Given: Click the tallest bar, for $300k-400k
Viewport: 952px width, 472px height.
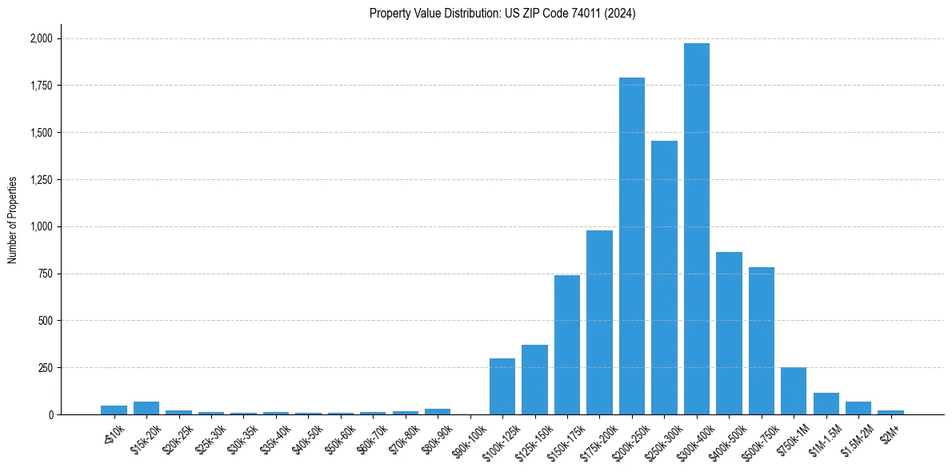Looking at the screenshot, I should pyautogui.click(x=696, y=229).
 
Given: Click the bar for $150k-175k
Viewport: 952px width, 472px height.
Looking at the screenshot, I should pyautogui.click(x=567, y=345).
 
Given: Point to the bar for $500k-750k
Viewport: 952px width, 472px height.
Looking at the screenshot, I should pyautogui.click(x=761, y=341).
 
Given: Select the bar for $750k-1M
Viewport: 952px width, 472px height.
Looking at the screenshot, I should pyautogui.click(x=794, y=391).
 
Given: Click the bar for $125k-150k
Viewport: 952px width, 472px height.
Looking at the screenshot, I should pyautogui.click(x=534, y=380).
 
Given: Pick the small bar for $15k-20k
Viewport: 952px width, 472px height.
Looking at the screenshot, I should pyautogui.click(x=146, y=408).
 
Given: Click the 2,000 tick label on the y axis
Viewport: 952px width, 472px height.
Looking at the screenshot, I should pyautogui.click(x=41, y=38).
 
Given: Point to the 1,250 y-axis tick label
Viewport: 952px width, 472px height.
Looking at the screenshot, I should pyautogui.click(x=41, y=180).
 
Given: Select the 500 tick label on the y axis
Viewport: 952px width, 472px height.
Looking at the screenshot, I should pyautogui.click(x=46, y=321).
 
